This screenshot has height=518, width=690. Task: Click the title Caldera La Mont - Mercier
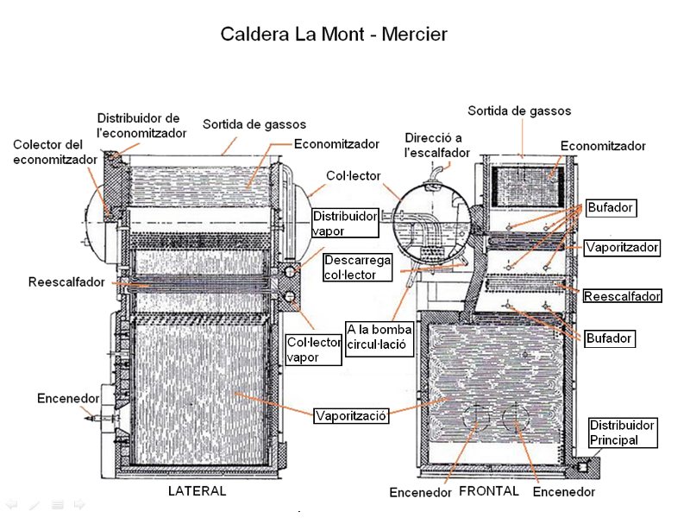(334, 35)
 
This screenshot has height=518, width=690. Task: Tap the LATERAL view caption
(197, 491)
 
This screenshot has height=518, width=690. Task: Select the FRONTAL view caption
(489, 491)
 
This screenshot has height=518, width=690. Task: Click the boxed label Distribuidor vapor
(345, 222)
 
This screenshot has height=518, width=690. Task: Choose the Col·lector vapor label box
(314, 350)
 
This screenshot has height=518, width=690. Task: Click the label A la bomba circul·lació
(379, 340)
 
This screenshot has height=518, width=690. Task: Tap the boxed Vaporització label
(351, 415)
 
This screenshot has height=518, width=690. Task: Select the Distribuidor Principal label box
(623, 433)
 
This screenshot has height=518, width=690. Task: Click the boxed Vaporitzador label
(622, 248)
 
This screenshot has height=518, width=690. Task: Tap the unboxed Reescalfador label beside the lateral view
(66, 282)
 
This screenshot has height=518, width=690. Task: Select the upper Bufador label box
(610, 207)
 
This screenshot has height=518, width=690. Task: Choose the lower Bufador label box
(610, 338)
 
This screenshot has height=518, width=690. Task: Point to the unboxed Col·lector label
(353, 176)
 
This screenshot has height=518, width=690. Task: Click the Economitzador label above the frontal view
(603, 146)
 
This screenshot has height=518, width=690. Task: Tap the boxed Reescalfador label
(622, 296)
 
